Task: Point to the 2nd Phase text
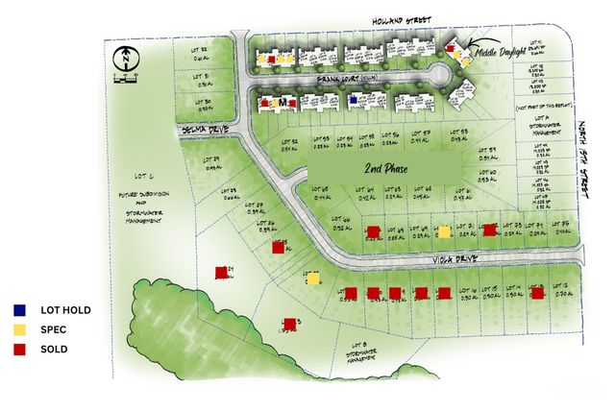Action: click(x=380, y=169)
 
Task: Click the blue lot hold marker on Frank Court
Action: click(x=353, y=99)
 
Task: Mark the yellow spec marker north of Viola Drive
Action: click(x=444, y=230)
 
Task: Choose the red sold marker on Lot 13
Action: click(x=537, y=293)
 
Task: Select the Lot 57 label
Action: click(x=420, y=135)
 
